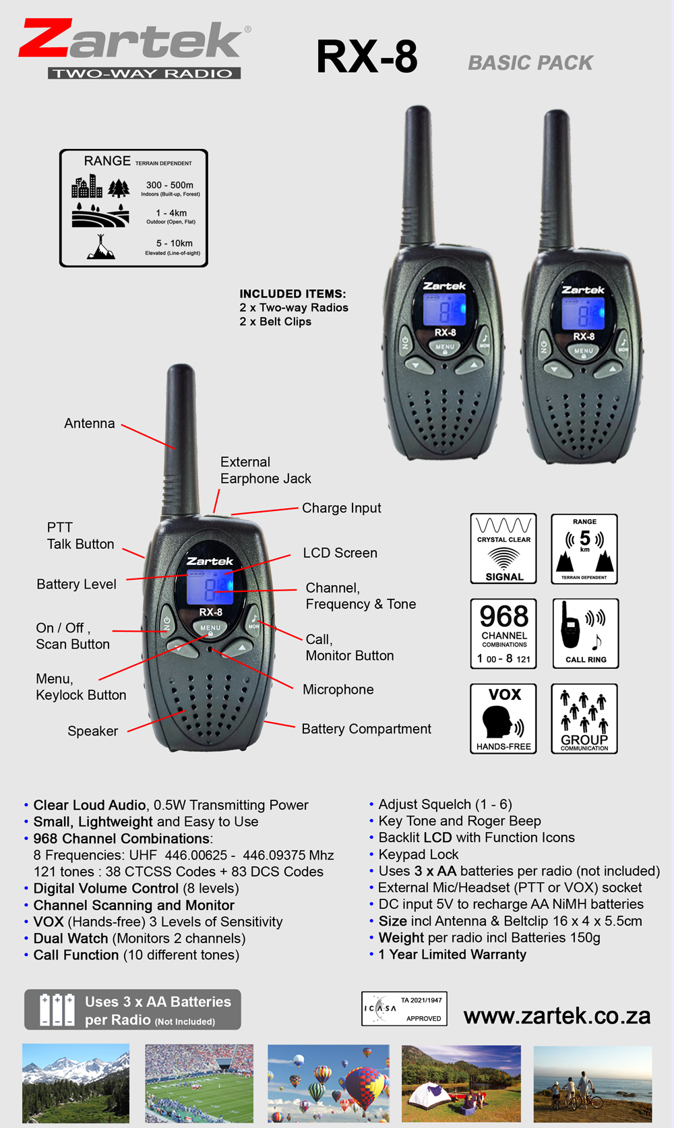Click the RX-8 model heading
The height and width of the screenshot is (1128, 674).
(x=367, y=57)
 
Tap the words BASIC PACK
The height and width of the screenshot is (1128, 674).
(x=530, y=63)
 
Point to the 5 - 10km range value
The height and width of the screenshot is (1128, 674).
(x=174, y=243)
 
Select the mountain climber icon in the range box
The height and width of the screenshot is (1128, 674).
(x=101, y=247)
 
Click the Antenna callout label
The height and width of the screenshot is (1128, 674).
(x=90, y=423)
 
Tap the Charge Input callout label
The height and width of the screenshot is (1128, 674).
(x=341, y=508)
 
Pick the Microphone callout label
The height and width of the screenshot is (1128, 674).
(x=338, y=689)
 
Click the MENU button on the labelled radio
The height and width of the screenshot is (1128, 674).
(x=210, y=628)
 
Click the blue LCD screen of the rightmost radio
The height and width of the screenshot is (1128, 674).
(x=584, y=314)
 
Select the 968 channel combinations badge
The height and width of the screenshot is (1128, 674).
(x=503, y=634)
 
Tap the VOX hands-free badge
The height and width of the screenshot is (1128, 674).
(x=503, y=719)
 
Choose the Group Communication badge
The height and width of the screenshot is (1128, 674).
(x=584, y=719)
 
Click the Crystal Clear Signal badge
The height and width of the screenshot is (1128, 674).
(x=503, y=549)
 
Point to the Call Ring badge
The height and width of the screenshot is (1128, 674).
(x=586, y=634)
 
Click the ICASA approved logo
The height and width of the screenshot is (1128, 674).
(x=404, y=1009)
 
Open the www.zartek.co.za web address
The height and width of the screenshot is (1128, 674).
(x=557, y=1016)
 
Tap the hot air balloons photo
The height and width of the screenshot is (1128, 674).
(x=328, y=1084)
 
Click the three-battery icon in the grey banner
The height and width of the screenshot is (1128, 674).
(x=57, y=1009)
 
